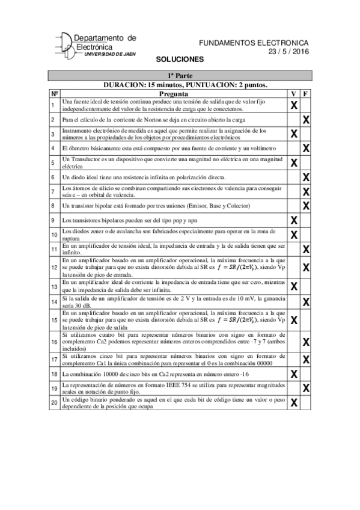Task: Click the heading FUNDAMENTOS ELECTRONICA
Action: [253, 43]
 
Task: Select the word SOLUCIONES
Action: [180, 60]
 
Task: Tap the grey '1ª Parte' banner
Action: [180, 76]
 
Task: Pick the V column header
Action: [293, 94]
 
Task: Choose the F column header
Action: [306, 94]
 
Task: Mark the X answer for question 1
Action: [294, 106]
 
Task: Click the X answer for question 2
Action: [306, 120]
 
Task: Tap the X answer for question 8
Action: [306, 206]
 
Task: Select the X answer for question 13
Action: [294, 285]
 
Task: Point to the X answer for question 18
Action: [294, 373]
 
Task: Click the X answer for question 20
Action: [294, 402]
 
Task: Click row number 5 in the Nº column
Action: [53, 162]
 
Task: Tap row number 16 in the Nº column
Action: [53, 341]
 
